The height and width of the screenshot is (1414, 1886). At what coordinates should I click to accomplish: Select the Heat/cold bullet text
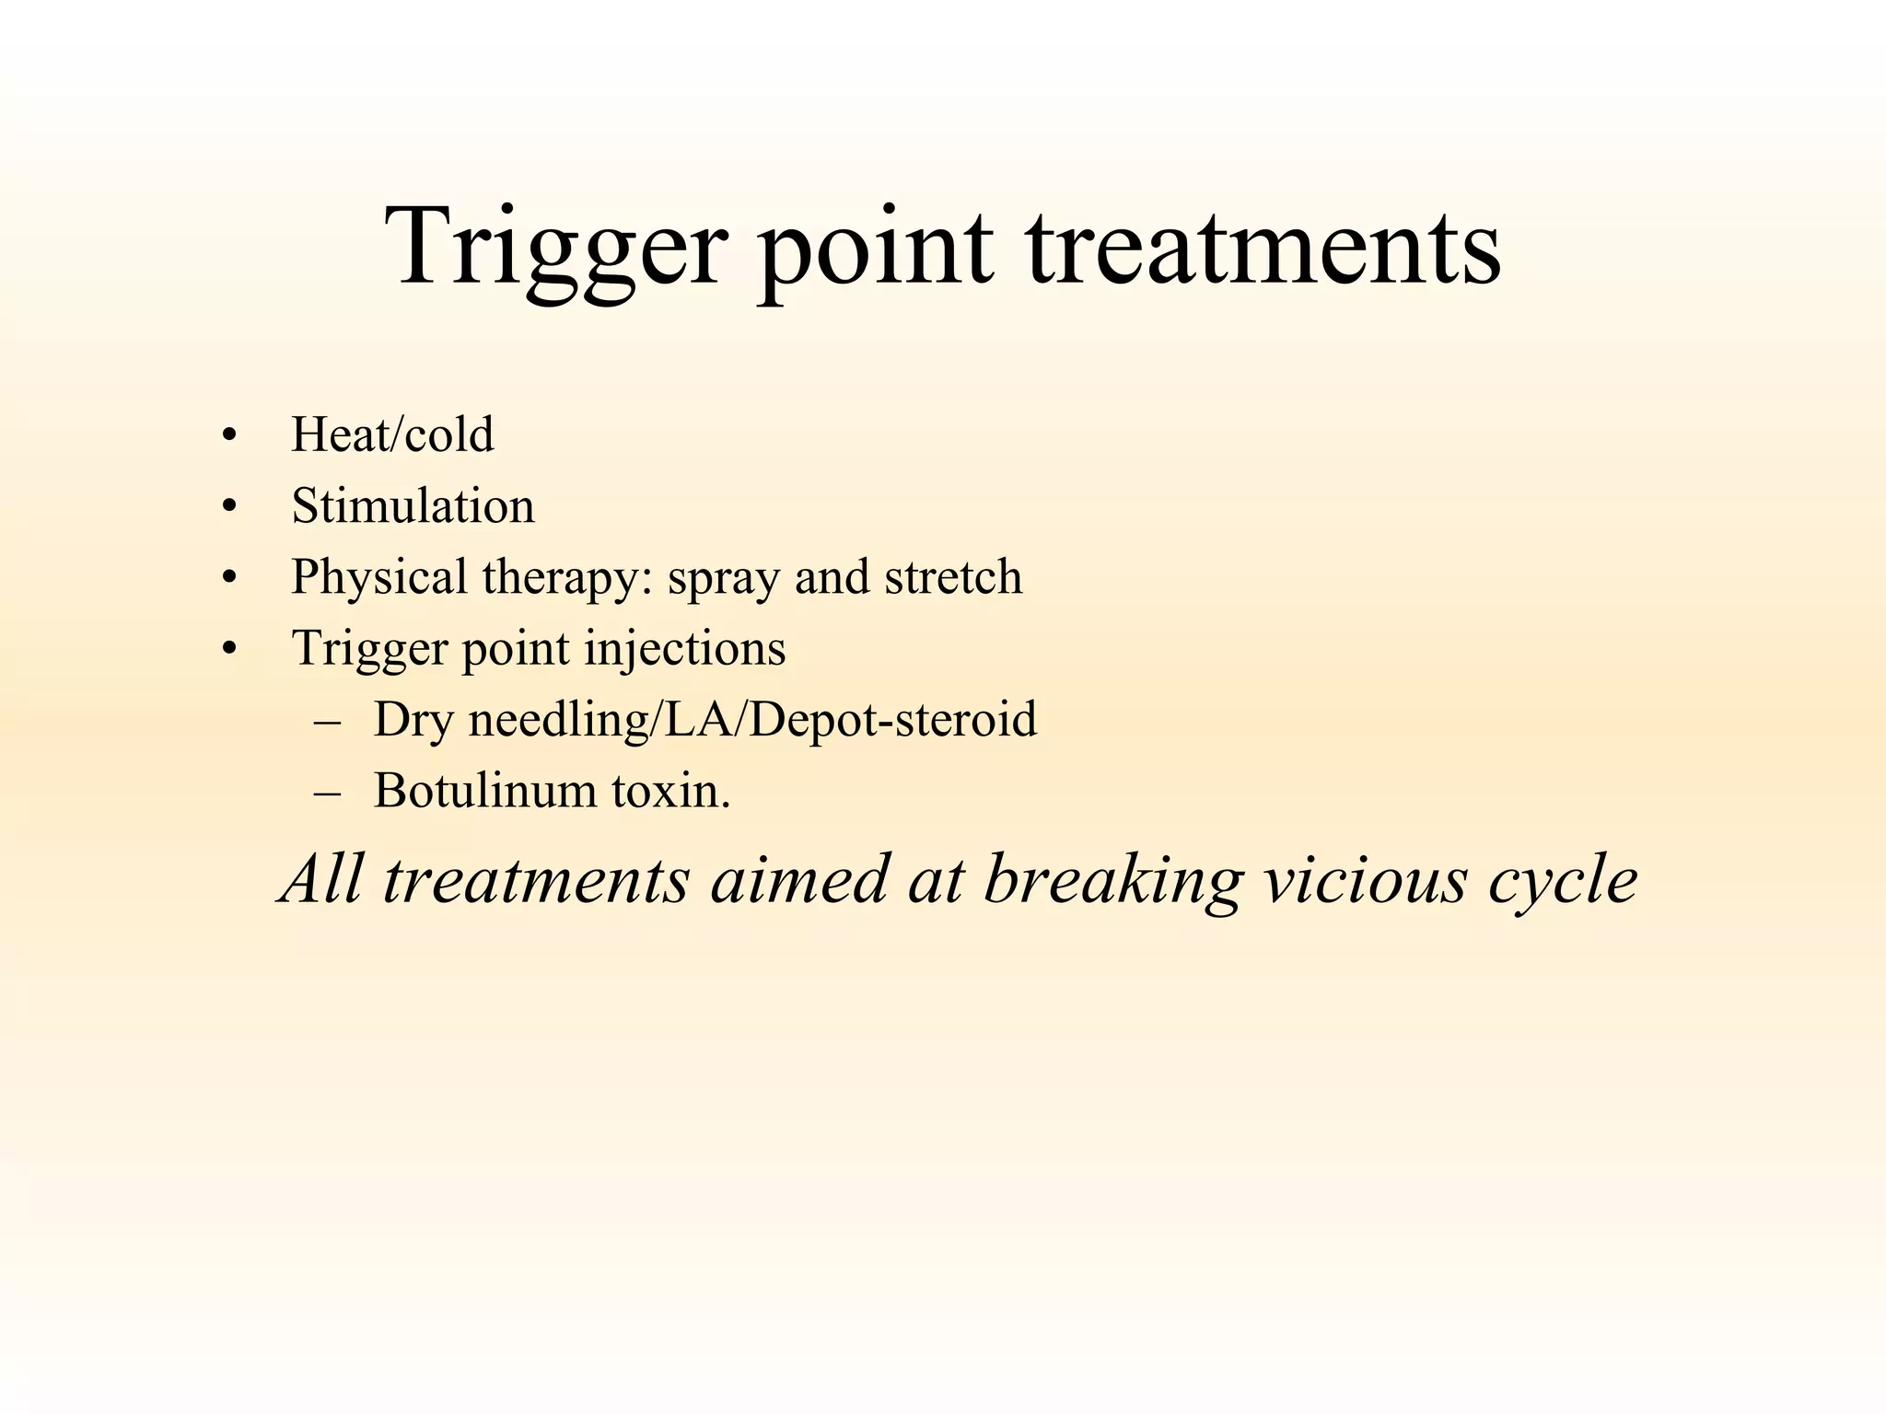pos(392,435)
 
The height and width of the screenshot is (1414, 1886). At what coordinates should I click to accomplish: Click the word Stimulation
pos(413,505)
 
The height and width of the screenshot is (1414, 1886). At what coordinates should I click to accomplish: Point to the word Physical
pos(379,578)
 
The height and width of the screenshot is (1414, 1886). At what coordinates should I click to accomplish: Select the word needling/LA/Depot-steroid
pos(752,720)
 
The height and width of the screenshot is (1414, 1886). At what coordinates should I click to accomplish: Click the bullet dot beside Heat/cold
pos(229,435)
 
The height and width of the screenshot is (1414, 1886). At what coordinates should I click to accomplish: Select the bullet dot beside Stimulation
pos(229,506)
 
